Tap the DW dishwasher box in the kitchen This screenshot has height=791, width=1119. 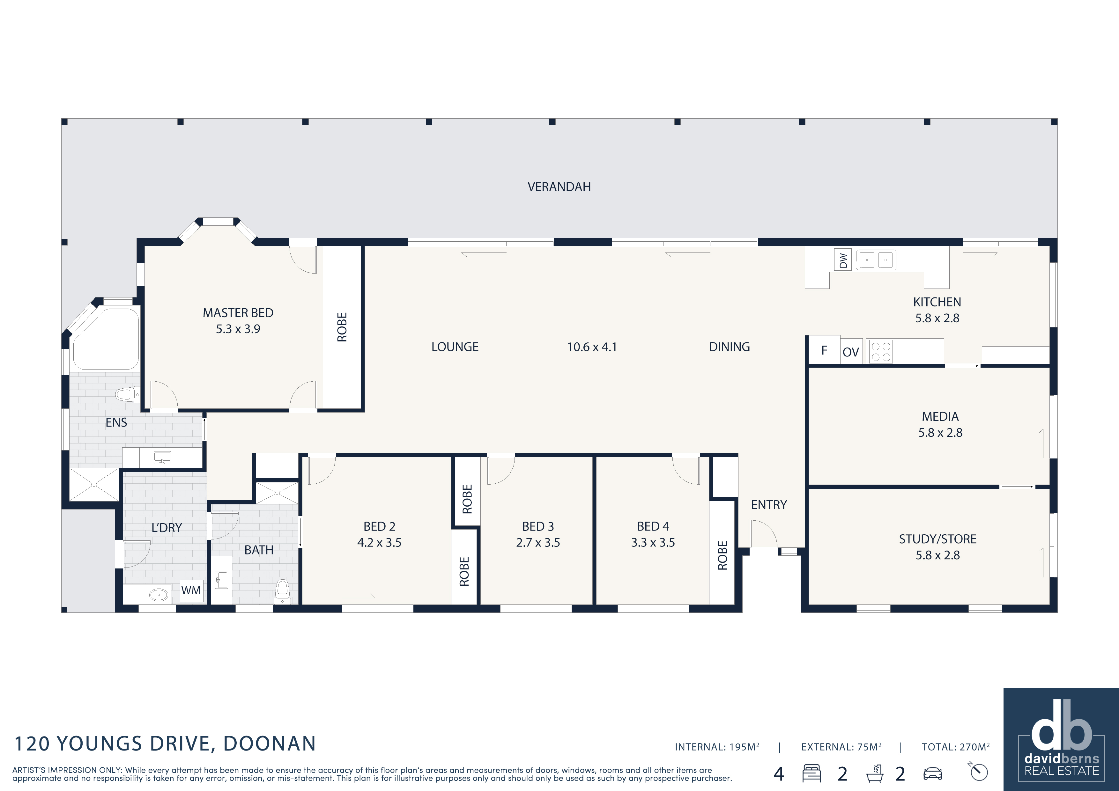coord(843,260)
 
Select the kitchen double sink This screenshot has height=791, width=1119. coord(876,260)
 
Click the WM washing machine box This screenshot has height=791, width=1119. coord(191,590)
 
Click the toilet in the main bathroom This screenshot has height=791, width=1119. coord(282,591)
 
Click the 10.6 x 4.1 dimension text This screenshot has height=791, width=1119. coord(592,347)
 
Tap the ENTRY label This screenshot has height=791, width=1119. coord(768,505)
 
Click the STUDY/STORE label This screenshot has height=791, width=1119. coord(938,539)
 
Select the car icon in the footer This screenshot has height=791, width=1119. coord(932,773)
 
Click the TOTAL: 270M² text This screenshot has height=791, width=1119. coord(955,747)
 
